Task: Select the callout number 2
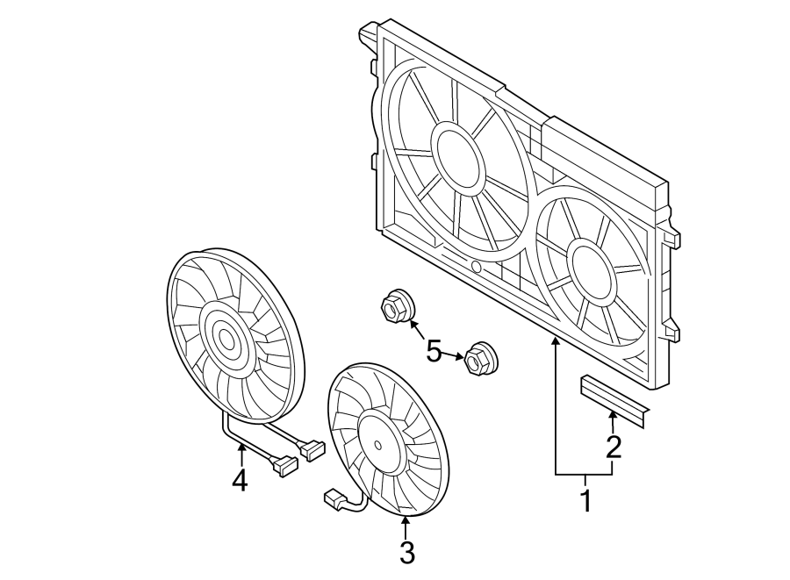pos(613,447)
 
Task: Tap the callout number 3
pos(406,553)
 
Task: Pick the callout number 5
pos(434,352)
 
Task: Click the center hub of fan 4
pos(226,337)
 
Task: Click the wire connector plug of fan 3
pos(334,500)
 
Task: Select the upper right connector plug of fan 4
pos(312,450)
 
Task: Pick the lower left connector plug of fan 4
pos(284,466)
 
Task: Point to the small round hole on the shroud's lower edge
pos(476,266)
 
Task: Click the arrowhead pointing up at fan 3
pos(406,523)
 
